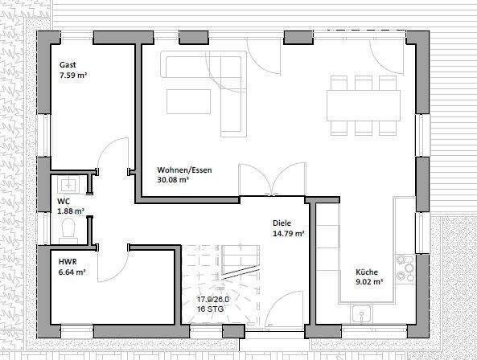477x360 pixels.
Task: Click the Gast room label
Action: tap(68, 65)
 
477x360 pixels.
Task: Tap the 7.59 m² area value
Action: tap(73, 75)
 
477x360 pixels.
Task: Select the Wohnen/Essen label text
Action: tap(184, 170)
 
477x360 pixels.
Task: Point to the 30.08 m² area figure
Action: tap(173, 179)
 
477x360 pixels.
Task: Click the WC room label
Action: tap(64, 201)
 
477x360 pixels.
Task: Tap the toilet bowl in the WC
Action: tap(68, 229)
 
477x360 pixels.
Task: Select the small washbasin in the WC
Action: tap(68, 184)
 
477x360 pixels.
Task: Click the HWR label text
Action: tap(68, 262)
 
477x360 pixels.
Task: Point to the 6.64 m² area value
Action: tap(72, 272)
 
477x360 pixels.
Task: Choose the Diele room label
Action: tap(282, 223)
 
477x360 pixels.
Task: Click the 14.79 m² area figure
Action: tap(289, 234)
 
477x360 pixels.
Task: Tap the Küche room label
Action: tap(367, 272)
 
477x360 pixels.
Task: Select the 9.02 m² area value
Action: tap(369, 281)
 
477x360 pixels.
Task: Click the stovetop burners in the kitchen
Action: tap(405, 268)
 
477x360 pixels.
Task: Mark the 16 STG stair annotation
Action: tap(210, 309)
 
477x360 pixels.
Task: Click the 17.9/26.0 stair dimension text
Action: tap(213, 299)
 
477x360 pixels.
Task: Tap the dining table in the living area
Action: tap(364, 105)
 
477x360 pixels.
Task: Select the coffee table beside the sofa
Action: tap(188, 101)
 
